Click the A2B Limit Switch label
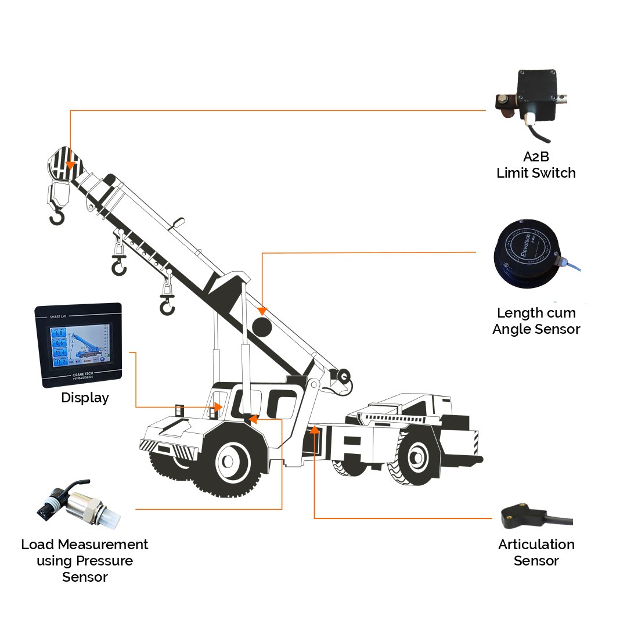pyautogui.click(x=536, y=164)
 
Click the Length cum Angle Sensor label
pyautogui.click(x=536, y=321)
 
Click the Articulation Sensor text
pyautogui.click(x=536, y=552)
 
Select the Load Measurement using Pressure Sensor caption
pyautogui.click(x=85, y=560)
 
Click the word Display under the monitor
pyautogui.click(x=85, y=398)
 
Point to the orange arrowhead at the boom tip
pyautogui.click(x=70, y=165)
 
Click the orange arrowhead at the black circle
pyautogui.click(x=262, y=312)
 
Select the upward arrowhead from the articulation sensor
pyautogui.click(x=314, y=429)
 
